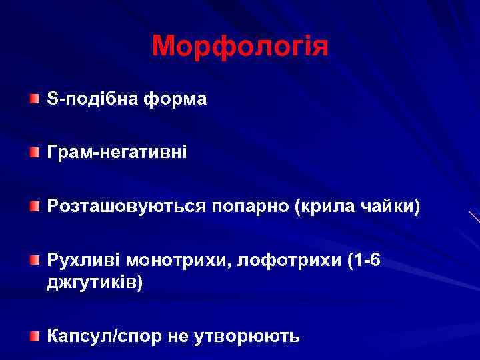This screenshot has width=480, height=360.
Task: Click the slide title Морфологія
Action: pyautogui.click(x=240, y=47)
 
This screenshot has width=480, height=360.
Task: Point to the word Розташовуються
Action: pyautogui.click(x=127, y=207)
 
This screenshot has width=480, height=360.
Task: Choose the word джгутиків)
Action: pyautogui.click(x=94, y=283)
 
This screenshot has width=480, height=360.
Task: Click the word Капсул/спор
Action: pyautogui.click(x=104, y=336)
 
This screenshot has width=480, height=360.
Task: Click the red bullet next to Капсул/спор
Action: pyautogui.click(x=34, y=336)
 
